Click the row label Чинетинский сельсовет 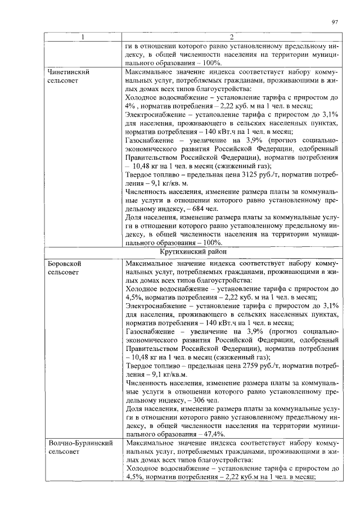pos(69,76)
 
